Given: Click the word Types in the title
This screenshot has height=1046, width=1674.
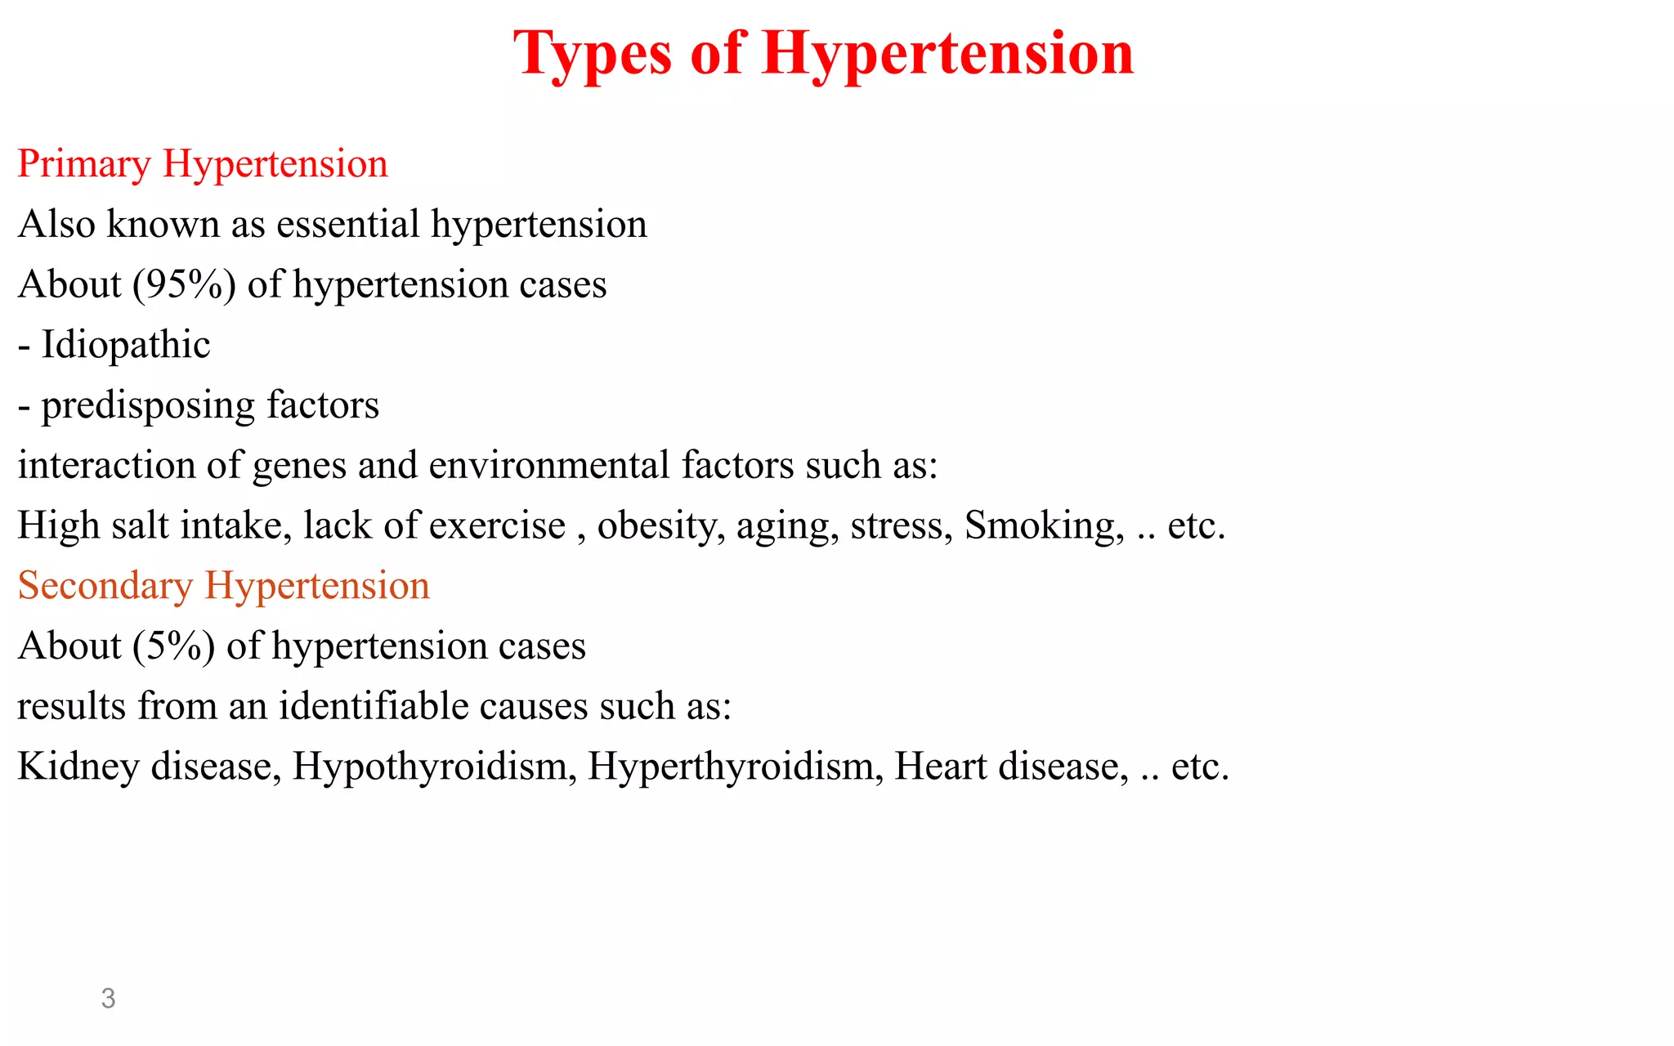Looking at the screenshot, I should coord(593,54).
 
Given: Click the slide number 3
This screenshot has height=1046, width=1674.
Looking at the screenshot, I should coord(108,998).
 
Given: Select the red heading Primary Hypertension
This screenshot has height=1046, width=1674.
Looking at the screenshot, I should coord(203,163).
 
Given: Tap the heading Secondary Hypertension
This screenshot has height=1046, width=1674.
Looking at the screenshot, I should coord(224,585).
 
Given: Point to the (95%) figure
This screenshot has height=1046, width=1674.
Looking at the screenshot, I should coord(185,284).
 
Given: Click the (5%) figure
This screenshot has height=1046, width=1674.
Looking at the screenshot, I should coord(174,646).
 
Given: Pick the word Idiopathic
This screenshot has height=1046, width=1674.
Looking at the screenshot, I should coord(126,345).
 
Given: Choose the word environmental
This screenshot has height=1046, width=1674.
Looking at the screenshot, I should coord(549,465).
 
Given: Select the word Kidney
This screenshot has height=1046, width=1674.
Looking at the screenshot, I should coord(78,767).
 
